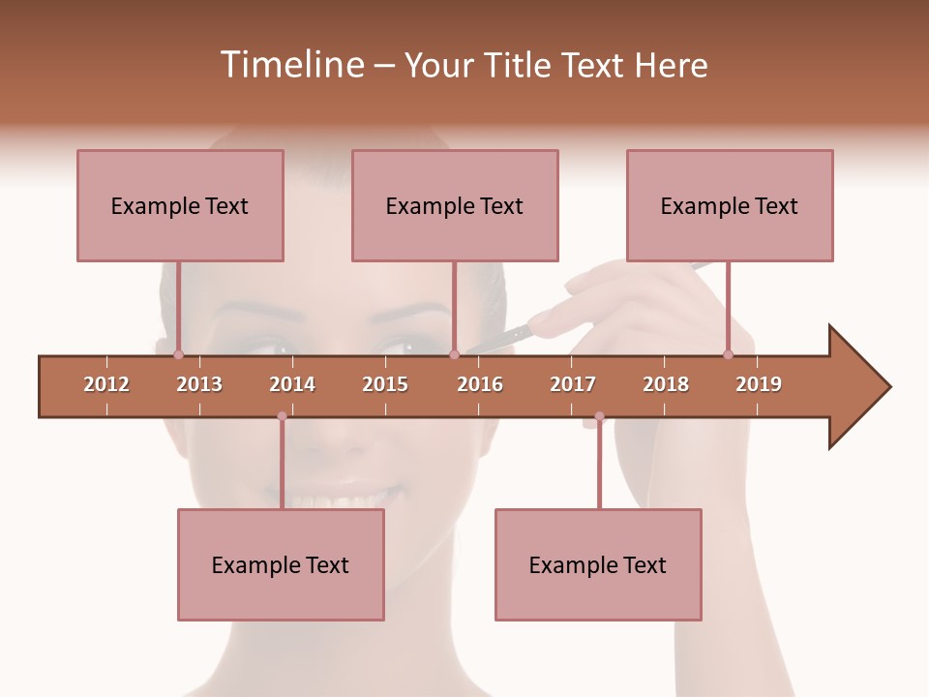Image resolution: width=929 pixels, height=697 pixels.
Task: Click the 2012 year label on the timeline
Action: (x=106, y=384)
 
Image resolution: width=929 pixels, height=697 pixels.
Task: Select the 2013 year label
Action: (x=199, y=384)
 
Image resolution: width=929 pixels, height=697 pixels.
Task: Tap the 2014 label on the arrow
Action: (x=292, y=384)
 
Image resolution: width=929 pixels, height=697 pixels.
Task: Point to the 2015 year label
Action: (x=385, y=384)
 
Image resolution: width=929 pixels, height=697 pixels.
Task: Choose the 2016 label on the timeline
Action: (x=480, y=384)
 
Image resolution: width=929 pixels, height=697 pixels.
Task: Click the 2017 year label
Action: (x=573, y=384)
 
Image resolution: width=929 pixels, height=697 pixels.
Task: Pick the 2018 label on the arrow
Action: (x=666, y=384)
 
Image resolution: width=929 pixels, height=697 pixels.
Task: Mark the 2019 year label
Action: (x=759, y=384)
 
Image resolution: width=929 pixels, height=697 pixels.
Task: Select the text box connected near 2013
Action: (x=180, y=205)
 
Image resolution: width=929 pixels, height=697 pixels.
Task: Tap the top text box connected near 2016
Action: (x=455, y=205)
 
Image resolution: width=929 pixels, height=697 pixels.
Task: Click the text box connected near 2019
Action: (x=730, y=205)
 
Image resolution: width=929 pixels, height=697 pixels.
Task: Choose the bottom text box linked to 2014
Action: (x=281, y=564)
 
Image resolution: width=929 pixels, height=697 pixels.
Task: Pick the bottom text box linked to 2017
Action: (x=598, y=564)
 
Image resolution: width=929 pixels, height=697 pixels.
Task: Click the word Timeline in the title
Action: (x=290, y=65)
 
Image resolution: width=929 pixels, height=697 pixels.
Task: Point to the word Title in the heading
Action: (x=521, y=65)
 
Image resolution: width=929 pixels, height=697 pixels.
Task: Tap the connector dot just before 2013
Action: (x=178, y=355)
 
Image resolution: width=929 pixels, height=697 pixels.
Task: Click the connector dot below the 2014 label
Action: (x=282, y=416)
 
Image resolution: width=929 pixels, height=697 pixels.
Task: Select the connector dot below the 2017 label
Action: (x=599, y=416)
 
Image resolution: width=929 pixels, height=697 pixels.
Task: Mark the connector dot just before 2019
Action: (x=728, y=355)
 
